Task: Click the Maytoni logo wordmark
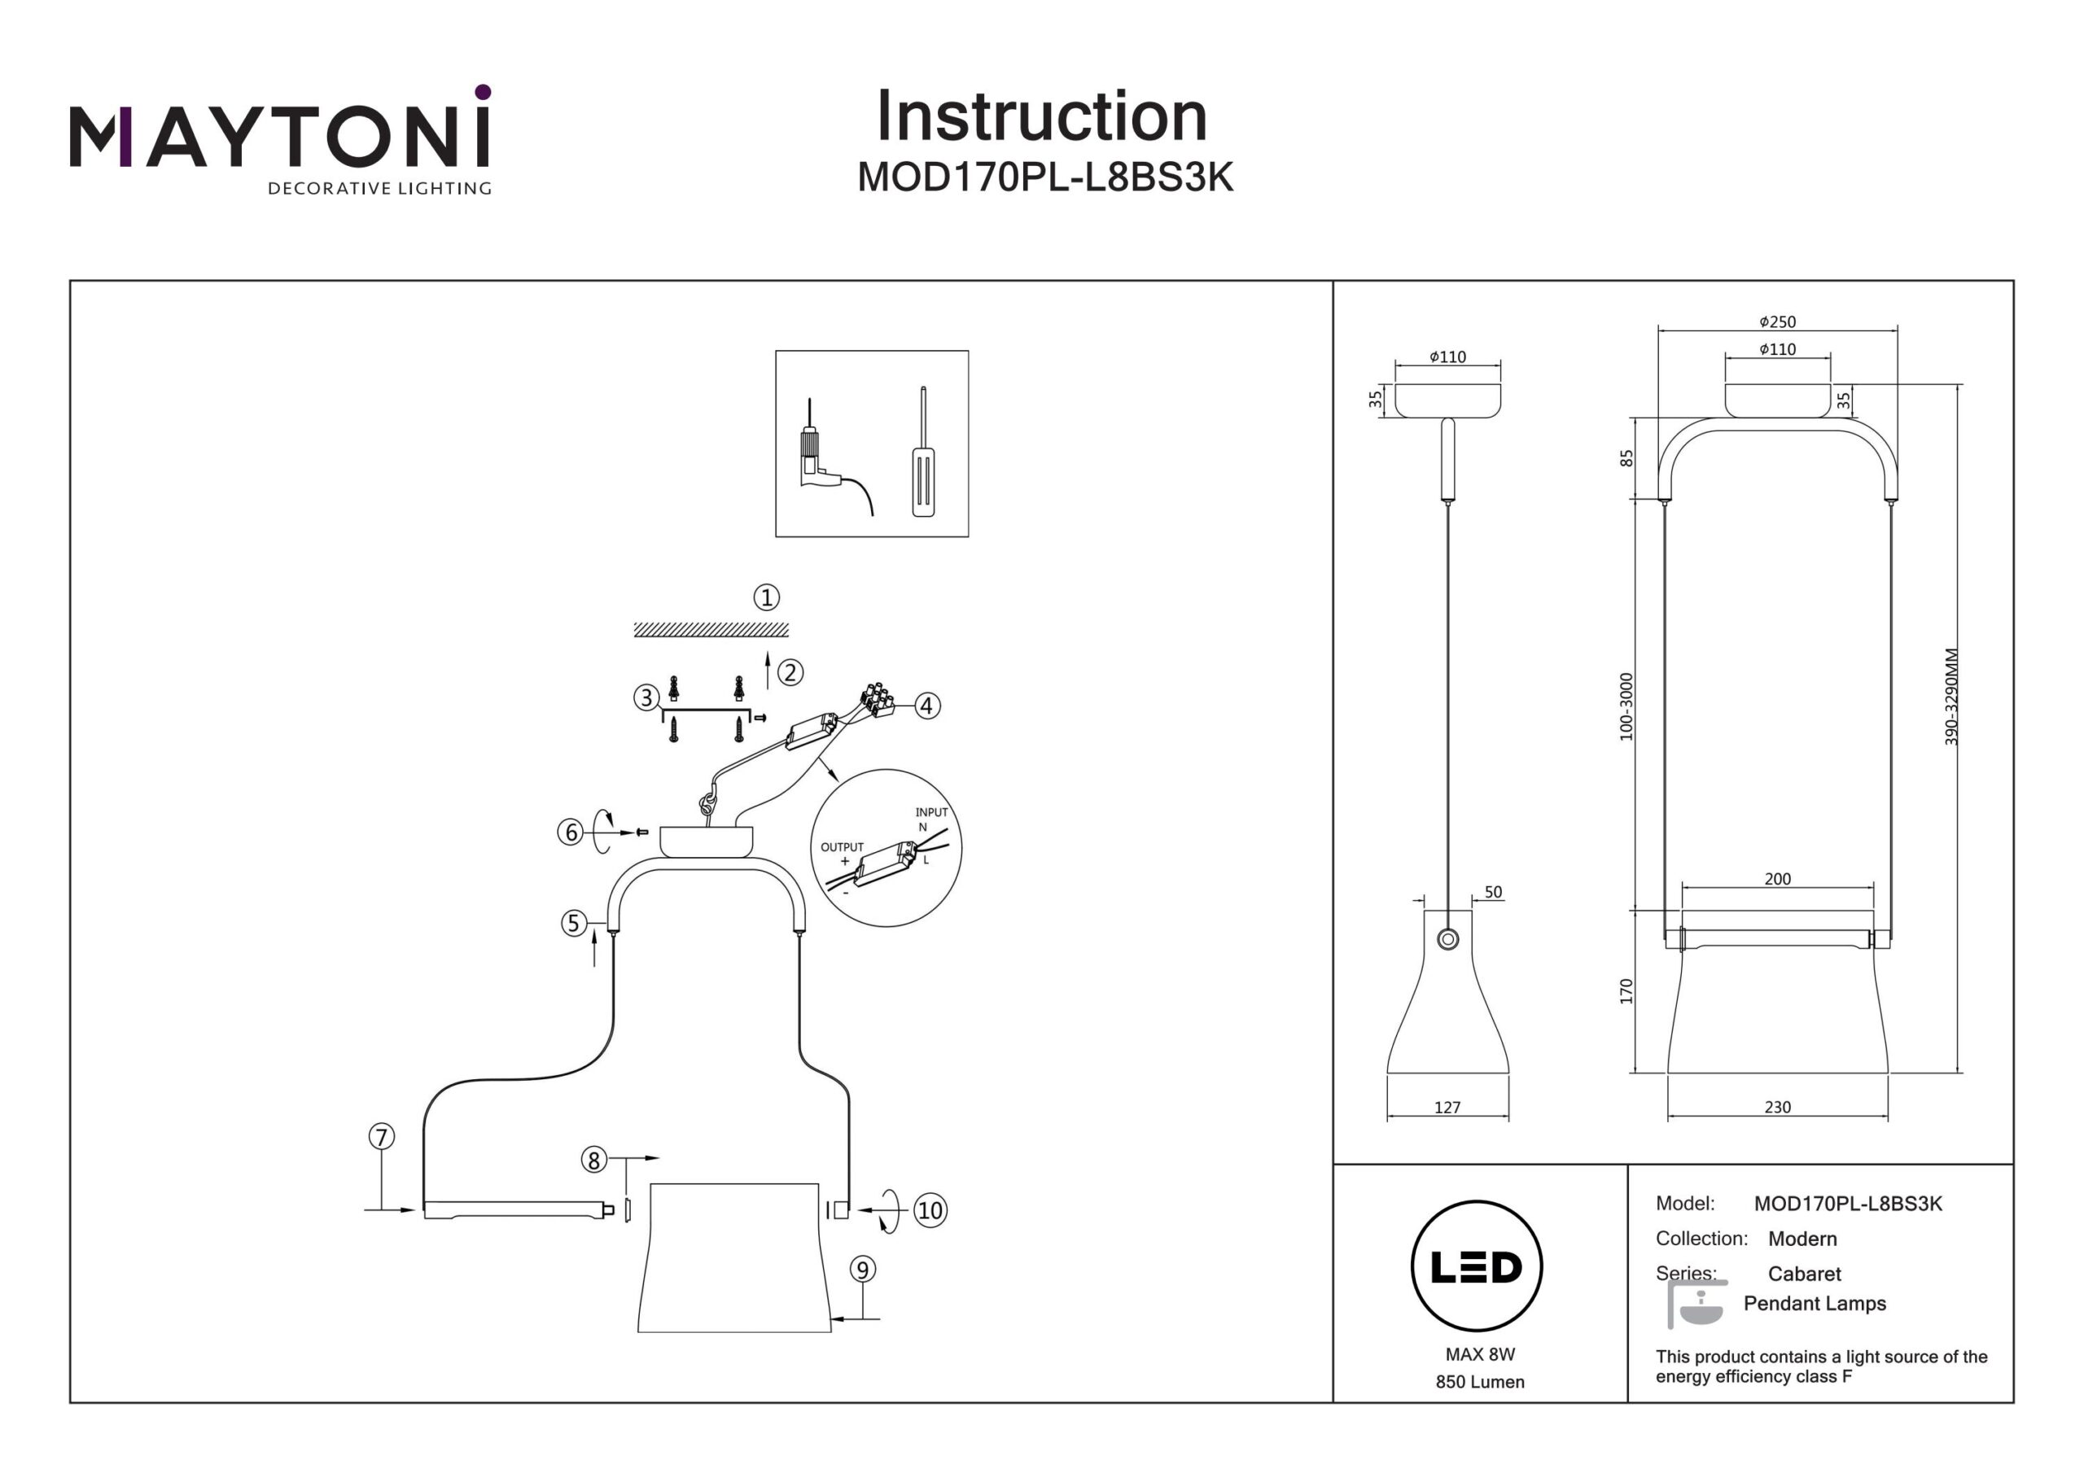point(279,137)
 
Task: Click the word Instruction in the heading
point(1041,117)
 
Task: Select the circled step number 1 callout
point(766,597)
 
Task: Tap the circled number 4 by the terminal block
point(926,706)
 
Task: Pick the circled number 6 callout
point(570,832)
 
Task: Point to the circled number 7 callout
point(381,1136)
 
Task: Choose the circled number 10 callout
point(930,1210)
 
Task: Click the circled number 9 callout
point(862,1269)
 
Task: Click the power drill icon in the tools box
point(821,458)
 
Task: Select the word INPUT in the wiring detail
point(931,812)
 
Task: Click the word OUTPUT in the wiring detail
point(842,846)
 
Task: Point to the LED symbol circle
point(1476,1267)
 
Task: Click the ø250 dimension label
point(1776,322)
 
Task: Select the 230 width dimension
point(1777,1108)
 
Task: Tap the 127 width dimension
point(1447,1108)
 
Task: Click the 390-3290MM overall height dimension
point(1951,697)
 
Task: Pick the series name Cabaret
point(1803,1274)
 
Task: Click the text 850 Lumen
point(1479,1382)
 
